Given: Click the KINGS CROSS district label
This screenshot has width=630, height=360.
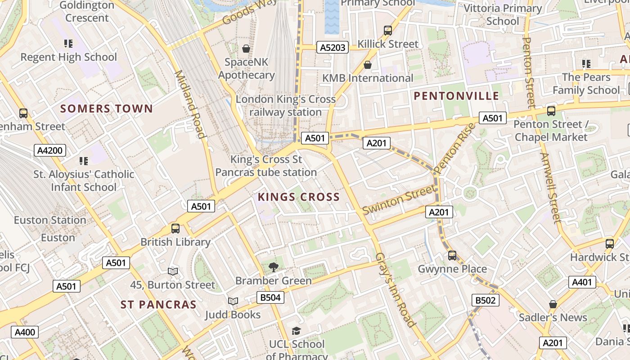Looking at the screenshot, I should (298, 197).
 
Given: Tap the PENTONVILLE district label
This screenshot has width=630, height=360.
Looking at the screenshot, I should (456, 96).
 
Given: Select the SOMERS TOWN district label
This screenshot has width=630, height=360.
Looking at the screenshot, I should (107, 108).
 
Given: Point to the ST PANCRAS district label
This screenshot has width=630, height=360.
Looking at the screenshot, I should (158, 305).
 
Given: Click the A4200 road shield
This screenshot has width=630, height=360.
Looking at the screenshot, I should (50, 150).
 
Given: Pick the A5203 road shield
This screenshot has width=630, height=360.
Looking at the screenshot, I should (333, 47).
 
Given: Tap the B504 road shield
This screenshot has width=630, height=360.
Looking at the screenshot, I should (270, 297).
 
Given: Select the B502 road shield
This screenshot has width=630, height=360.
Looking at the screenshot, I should (486, 300).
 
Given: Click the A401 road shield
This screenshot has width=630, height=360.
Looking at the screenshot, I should (582, 282).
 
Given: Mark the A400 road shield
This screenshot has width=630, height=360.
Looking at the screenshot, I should (25, 333).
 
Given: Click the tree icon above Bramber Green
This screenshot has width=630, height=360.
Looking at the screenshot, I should (273, 267).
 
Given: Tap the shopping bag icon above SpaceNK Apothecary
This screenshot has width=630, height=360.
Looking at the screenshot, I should (246, 49).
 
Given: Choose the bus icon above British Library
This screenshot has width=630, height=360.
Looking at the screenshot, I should (175, 229).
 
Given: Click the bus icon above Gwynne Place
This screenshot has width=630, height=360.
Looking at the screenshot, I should (452, 256).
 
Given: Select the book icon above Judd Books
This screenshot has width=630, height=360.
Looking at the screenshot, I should (233, 301).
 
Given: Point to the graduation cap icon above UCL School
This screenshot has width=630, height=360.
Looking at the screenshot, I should (296, 331).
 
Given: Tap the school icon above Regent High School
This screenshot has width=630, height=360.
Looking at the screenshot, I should (68, 44).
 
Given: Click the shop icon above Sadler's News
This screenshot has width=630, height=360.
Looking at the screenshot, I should (553, 304).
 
